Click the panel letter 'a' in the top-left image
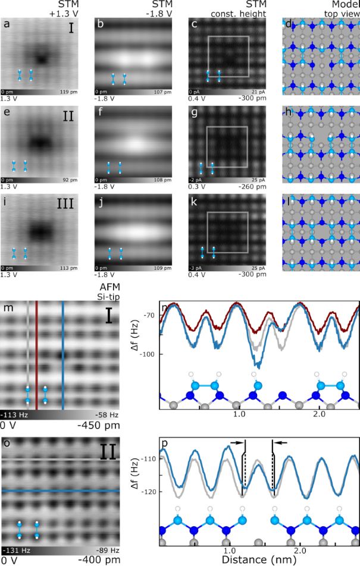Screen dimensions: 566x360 6,26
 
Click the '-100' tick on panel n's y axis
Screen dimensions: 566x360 146,354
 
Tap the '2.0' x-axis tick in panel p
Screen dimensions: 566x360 300,550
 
